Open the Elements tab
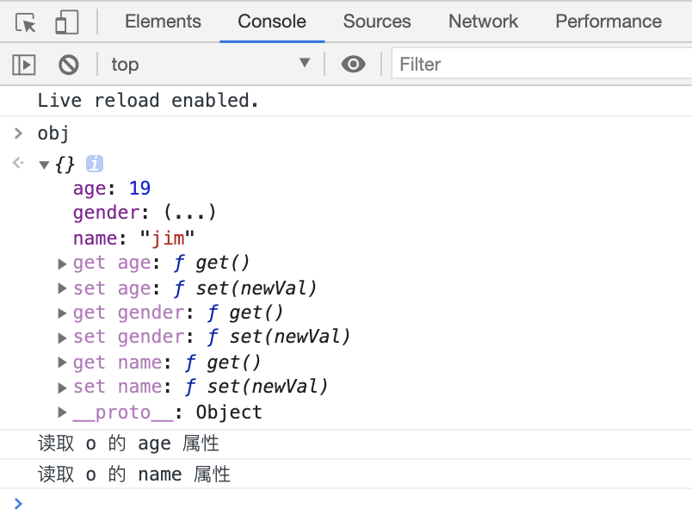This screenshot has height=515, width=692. tap(163, 22)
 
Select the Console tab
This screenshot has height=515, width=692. tap(272, 22)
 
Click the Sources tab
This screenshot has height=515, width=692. tap(377, 22)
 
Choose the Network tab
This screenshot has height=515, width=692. tap(483, 22)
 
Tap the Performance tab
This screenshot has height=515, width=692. tap(609, 22)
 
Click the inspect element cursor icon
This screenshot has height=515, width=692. tap(26, 22)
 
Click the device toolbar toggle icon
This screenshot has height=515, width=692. tap(66, 22)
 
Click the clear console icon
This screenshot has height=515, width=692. tap(69, 64)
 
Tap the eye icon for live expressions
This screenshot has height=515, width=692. tap(353, 64)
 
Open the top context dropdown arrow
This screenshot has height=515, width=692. tap(305, 64)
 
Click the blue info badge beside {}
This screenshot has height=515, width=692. tap(95, 164)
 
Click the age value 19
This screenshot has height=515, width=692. tap(139, 188)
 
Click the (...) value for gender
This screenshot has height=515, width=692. tap(189, 213)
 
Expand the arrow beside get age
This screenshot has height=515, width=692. tap(62, 264)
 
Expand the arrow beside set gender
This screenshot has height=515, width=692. tap(62, 338)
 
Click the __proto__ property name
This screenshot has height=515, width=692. tap(123, 413)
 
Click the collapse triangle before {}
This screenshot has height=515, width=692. tap(45, 164)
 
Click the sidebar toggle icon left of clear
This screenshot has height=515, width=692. tap(23, 64)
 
